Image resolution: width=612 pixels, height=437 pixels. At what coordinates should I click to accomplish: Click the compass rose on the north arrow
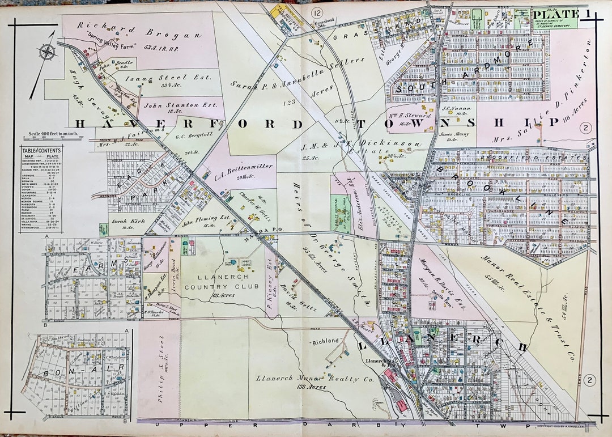pos(48,52)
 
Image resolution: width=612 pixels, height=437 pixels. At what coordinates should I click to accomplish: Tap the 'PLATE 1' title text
pos(557,14)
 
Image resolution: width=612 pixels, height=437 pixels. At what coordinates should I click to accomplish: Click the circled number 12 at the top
pos(317,12)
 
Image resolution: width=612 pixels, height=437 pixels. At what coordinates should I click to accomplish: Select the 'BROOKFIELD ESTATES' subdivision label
pos(515,157)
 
